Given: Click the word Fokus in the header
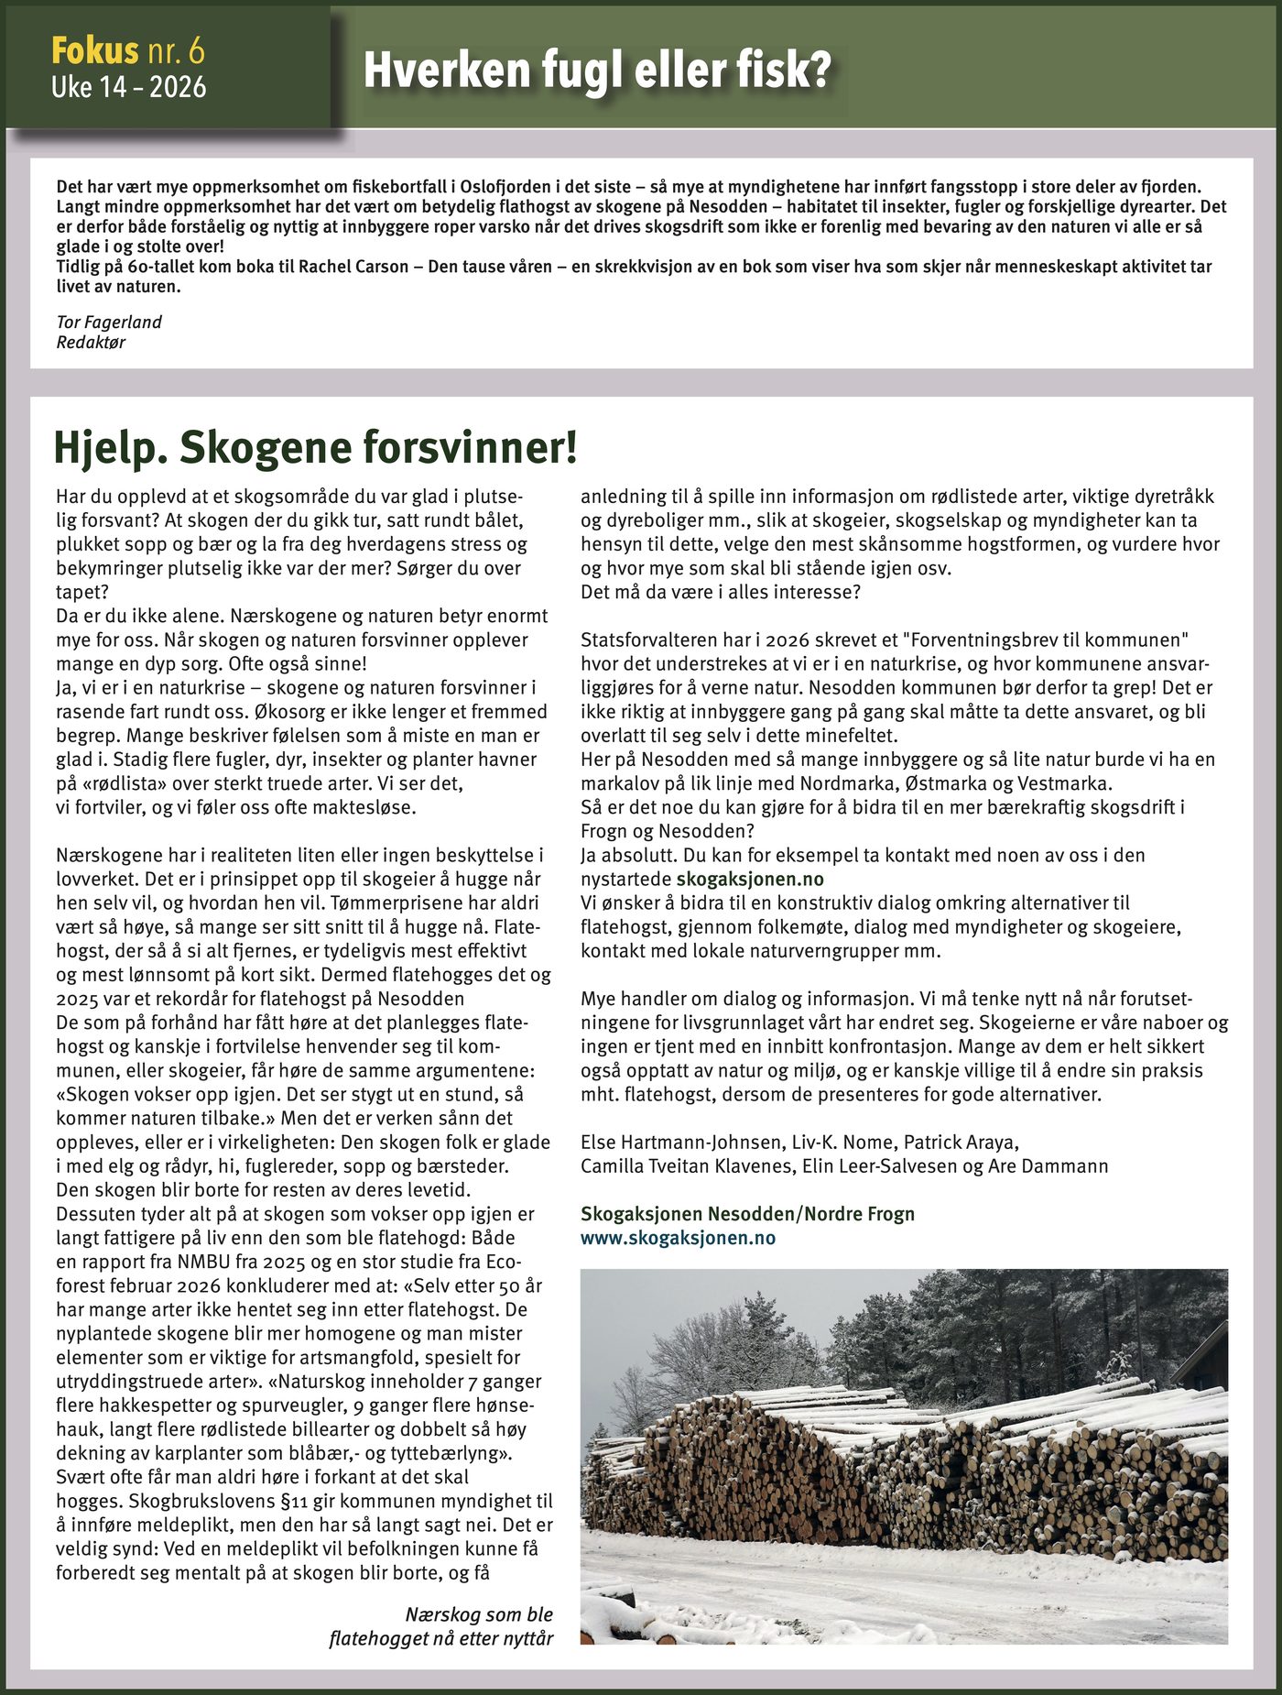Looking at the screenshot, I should pos(94,50).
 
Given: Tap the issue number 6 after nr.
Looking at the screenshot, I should pos(196,50).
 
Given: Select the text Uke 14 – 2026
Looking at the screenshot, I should pos(128,87).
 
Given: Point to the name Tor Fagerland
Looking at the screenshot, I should pos(109,322).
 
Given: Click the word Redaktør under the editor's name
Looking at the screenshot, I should pos(91,343).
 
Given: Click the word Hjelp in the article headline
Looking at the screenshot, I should pos(109,447).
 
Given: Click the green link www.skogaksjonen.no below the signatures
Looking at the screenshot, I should pos(678,1238).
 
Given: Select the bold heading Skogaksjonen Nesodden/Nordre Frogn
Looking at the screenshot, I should pos(747,1214).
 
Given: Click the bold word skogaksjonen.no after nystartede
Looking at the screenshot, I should pos(749,879).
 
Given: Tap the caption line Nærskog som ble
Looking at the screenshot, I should pos(479,1614).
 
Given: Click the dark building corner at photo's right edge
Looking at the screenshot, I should pos(1207,1356).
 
